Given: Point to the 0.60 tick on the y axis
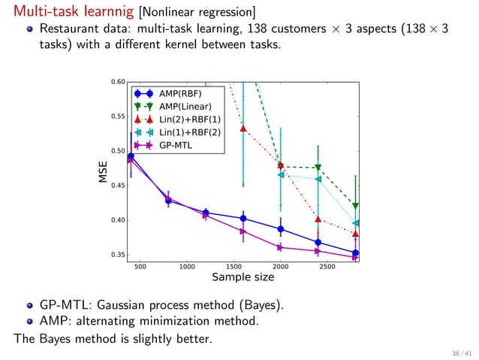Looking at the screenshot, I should (x=118, y=82).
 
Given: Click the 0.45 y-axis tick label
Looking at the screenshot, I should (x=118, y=186).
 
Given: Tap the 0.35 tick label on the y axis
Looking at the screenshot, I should (x=118, y=255).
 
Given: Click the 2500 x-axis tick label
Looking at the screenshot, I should (x=327, y=266).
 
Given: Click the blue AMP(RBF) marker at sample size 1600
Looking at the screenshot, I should (x=243, y=219).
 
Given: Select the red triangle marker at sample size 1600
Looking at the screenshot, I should (x=243, y=128).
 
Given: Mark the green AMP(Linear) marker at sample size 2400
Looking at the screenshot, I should (x=318, y=168).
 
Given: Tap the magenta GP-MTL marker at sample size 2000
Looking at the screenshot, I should (x=281, y=247).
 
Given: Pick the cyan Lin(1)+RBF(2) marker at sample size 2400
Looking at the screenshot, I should (x=318, y=179).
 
